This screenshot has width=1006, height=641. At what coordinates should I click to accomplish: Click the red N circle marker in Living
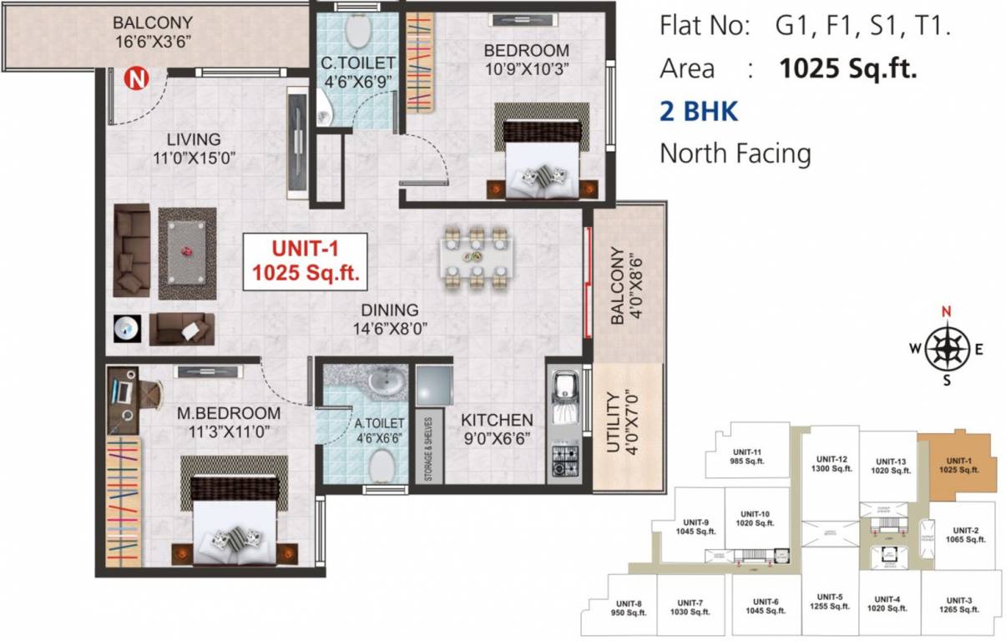[x=133, y=79]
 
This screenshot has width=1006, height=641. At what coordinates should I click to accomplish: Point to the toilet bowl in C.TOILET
[x=358, y=32]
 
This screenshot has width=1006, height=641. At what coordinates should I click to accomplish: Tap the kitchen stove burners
[x=564, y=458]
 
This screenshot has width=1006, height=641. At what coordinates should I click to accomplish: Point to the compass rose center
[x=947, y=347]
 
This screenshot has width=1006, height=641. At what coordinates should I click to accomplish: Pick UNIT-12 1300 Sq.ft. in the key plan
[x=832, y=463]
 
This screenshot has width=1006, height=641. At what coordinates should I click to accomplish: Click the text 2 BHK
[x=699, y=111]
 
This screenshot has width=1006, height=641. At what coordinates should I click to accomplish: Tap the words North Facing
[x=735, y=154]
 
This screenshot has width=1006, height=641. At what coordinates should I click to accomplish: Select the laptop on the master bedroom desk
[x=122, y=389]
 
